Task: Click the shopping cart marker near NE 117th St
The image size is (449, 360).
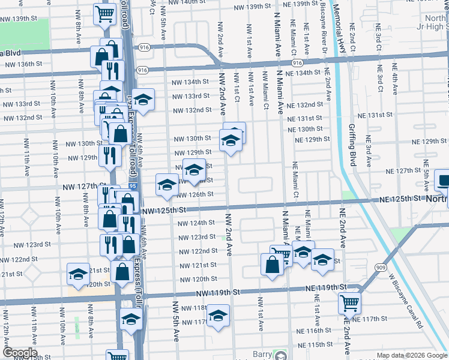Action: point(349,303)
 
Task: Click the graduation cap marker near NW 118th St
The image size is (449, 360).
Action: point(218,315)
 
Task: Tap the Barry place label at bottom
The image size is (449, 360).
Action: point(262,354)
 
